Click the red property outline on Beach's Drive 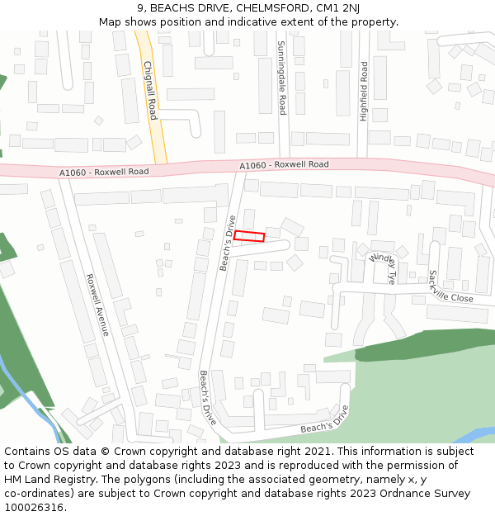click(249, 236)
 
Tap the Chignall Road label click(150, 90)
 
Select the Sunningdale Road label click(281, 78)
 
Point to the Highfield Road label click(363, 91)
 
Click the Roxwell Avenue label click(97, 305)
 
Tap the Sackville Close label click(450, 286)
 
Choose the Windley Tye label click(384, 268)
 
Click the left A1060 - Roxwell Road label click(103, 172)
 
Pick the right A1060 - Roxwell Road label click(284, 165)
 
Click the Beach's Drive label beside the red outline click(228, 243)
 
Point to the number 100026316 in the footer click(34, 508)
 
